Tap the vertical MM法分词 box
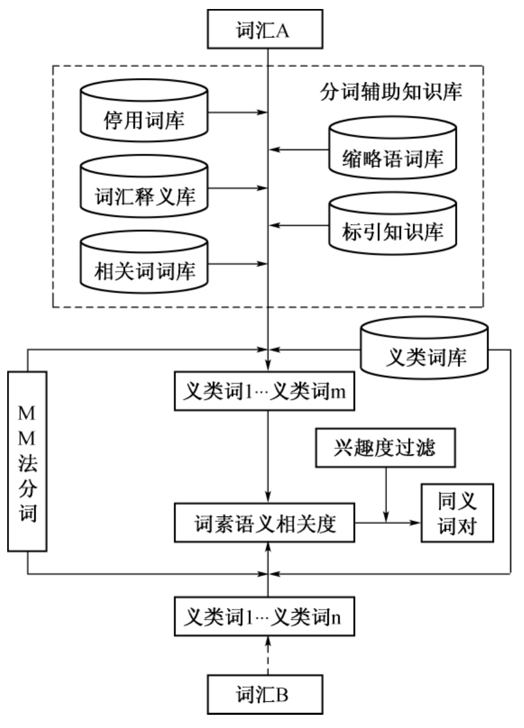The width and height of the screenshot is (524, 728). [28, 461]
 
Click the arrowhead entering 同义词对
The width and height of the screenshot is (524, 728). [415, 523]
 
